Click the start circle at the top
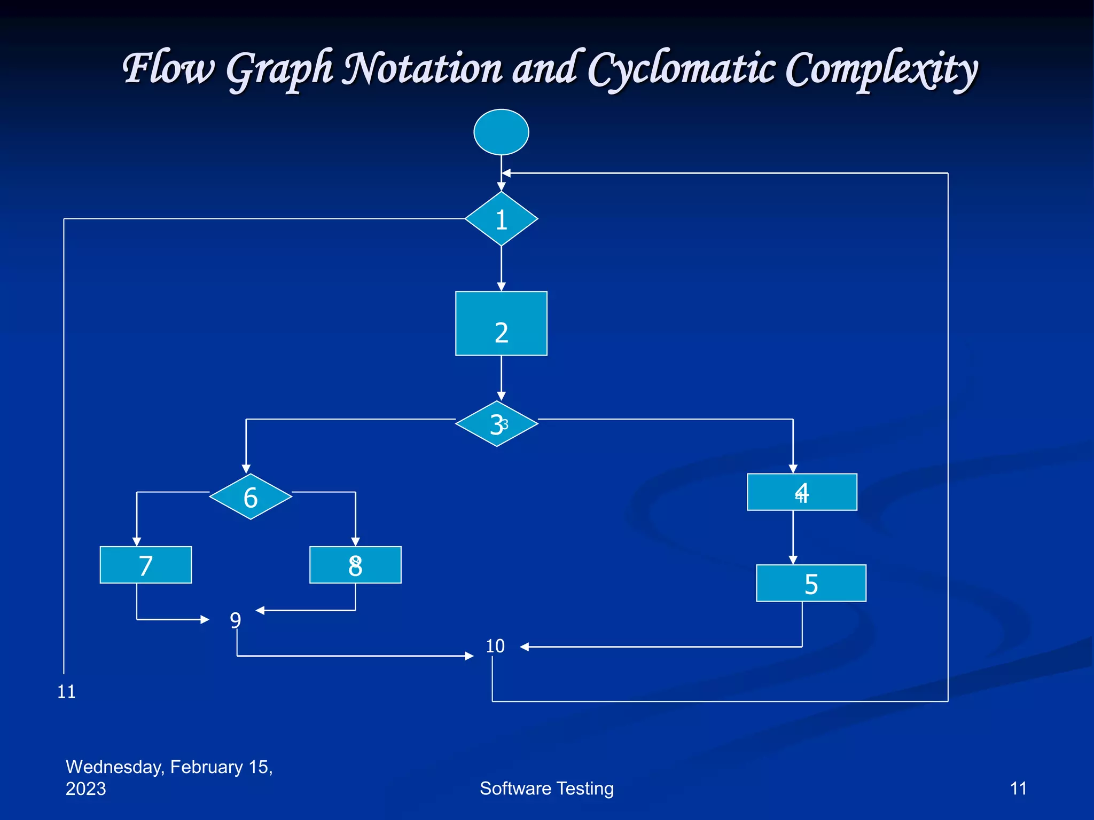501,132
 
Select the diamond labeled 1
501,219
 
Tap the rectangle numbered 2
501,324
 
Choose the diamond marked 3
497,424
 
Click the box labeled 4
802,492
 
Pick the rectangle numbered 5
811,583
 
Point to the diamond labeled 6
251,496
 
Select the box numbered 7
145,565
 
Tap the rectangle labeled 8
355,565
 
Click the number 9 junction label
236,620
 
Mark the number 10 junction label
495,646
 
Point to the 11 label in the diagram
67,692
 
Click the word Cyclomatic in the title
681,69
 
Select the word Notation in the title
422,69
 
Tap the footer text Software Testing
546,789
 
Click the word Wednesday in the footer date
114,767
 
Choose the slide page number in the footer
1018,789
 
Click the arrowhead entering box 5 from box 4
793,560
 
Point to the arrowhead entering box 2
501,287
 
